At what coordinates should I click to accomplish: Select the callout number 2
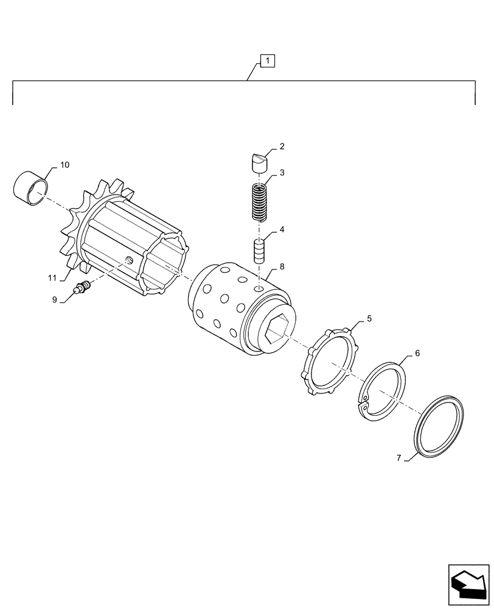click(282, 147)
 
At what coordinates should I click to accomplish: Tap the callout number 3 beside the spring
click(282, 173)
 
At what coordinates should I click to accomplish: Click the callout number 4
click(282, 230)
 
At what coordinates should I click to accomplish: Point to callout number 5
click(369, 319)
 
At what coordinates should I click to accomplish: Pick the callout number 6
click(416, 353)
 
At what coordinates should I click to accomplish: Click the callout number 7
click(400, 458)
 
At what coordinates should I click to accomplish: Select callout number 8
click(282, 266)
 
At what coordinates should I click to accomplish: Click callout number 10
click(64, 165)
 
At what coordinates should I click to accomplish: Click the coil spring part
click(260, 202)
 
